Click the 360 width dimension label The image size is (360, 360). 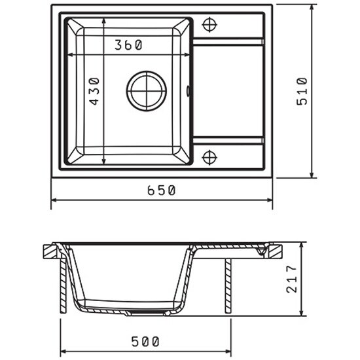click(x=128, y=45)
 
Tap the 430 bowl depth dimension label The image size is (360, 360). click(x=94, y=92)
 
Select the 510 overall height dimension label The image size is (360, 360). click(x=302, y=92)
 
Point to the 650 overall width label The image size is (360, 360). click(x=161, y=190)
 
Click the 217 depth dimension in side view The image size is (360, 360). click(x=291, y=279)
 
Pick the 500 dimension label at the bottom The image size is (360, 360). click(x=145, y=342)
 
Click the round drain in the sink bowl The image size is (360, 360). click(x=146, y=91)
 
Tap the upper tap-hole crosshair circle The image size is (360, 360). click(x=209, y=24)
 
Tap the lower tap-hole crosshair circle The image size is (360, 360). click(x=209, y=158)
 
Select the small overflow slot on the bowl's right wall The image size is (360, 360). click(x=188, y=91)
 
